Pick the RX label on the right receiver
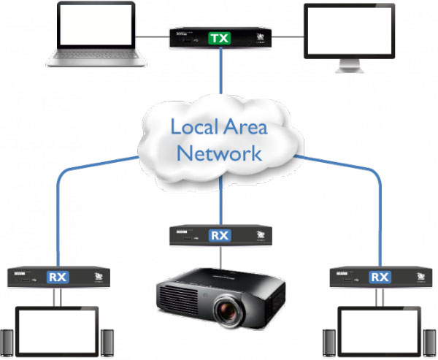click(379, 277)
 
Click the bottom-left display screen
click(57, 332)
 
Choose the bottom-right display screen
click(379, 332)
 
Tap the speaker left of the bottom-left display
click(7, 344)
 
